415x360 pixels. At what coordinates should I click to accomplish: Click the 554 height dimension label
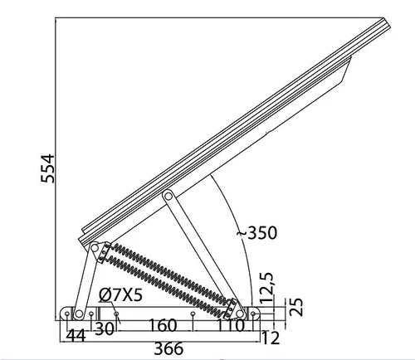click(47, 168)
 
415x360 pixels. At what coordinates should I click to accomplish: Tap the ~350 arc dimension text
click(256, 232)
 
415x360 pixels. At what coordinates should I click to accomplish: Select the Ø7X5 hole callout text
click(120, 294)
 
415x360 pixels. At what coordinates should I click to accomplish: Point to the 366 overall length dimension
click(168, 348)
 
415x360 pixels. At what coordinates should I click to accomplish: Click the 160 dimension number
click(163, 325)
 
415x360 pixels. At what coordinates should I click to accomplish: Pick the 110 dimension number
click(230, 325)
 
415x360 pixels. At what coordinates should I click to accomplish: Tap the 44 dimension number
click(76, 336)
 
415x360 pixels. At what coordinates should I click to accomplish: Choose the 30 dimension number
click(105, 328)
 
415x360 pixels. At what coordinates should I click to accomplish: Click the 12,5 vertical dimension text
click(266, 287)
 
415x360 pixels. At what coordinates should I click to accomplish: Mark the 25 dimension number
click(296, 307)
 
